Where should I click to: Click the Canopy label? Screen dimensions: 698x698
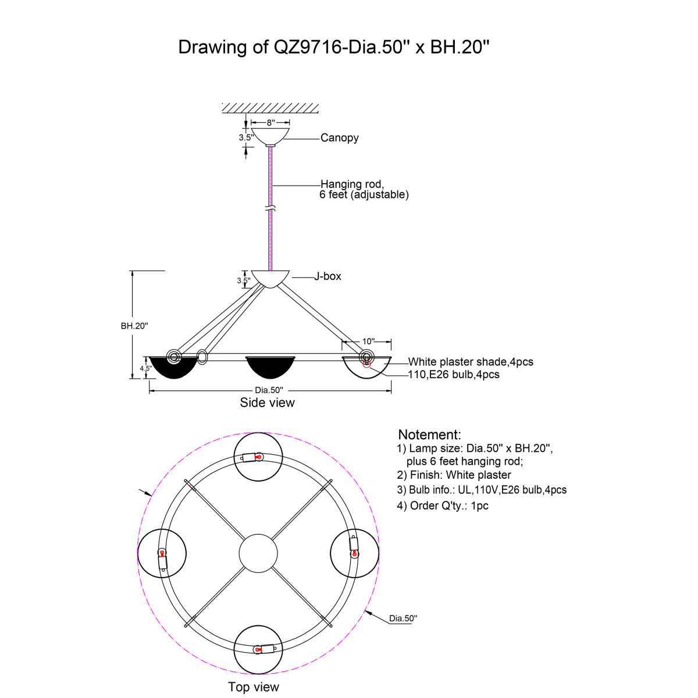pyautogui.click(x=339, y=138)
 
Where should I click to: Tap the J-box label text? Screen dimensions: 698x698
pyautogui.click(x=327, y=276)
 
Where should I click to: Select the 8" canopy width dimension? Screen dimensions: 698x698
pyautogui.click(x=270, y=123)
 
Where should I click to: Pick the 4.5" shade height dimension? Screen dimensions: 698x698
pyautogui.click(x=145, y=368)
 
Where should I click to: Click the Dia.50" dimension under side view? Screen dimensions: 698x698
pyautogui.click(x=269, y=390)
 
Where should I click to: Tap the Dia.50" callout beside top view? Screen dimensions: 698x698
pyautogui.click(x=403, y=618)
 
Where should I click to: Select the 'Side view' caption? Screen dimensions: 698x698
pyautogui.click(x=267, y=403)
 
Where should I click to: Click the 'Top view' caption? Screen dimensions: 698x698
pyautogui.click(x=254, y=687)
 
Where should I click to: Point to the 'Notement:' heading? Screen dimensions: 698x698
pyautogui.click(x=429, y=435)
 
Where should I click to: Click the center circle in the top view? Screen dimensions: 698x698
pyautogui.click(x=258, y=553)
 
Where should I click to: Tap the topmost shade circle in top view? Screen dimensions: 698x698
pyautogui.click(x=258, y=457)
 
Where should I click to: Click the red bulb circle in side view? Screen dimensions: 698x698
pyautogui.click(x=366, y=364)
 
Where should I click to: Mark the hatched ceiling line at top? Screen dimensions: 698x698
pyautogui.click(x=270, y=108)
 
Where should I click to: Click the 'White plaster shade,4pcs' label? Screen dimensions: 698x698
pyautogui.click(x=470, y=362)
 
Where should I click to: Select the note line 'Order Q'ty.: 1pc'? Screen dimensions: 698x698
pyautogui.click(x=443, y=505)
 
